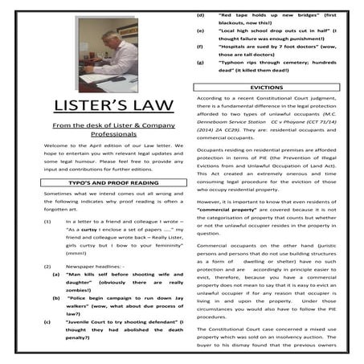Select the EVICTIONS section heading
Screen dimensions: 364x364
[267, 87]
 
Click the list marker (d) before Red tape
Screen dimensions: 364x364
[199, 14]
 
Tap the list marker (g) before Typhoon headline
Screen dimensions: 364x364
[199, 62]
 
